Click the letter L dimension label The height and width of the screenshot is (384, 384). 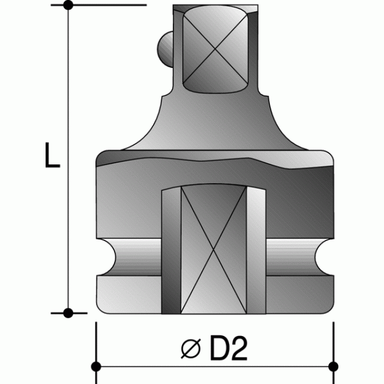(52, 155)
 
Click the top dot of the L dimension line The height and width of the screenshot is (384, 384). (68, 5)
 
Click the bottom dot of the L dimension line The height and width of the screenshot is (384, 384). (68, 313)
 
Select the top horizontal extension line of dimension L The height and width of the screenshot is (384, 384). (108, 5)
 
